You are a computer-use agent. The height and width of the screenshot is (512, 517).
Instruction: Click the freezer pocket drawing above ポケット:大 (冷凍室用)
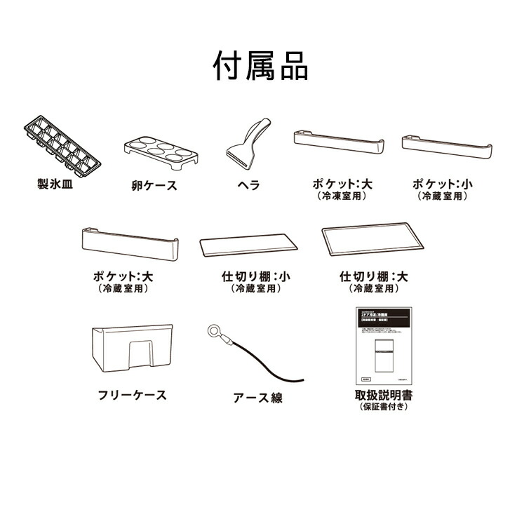tap(340, 142)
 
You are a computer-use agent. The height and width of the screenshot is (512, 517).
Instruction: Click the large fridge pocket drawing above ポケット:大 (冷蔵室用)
tap(129, 243)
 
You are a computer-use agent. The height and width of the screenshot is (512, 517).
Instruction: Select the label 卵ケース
tap(154, 186)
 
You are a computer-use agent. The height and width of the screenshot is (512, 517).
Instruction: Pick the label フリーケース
tap(133, 395)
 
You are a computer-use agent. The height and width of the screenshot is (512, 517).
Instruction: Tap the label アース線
tap(258, 398)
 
